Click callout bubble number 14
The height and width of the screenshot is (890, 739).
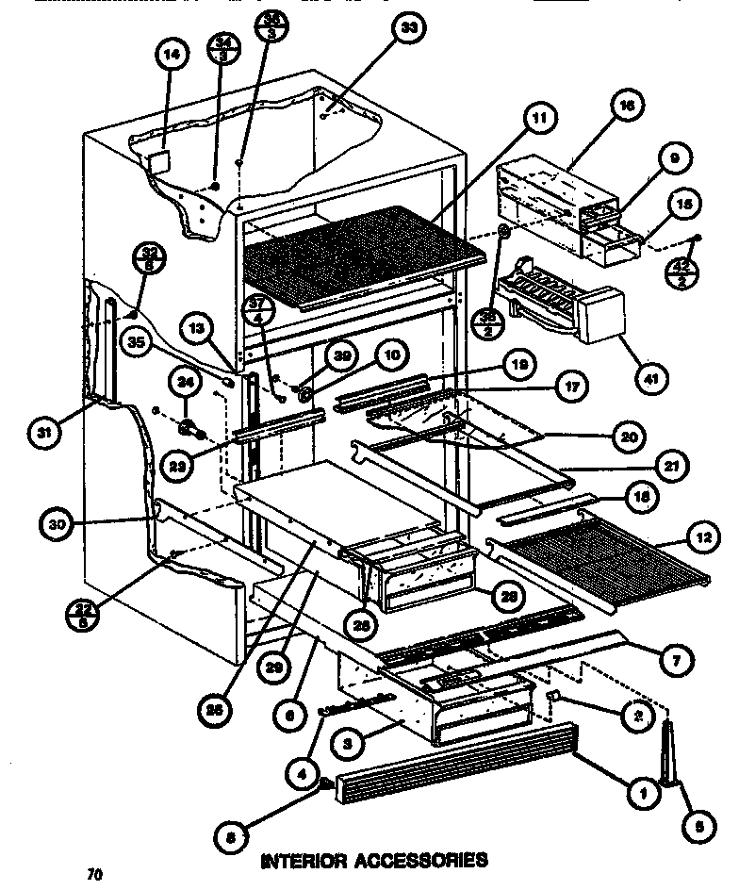coord(171,56)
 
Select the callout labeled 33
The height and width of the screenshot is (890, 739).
coord(408,29)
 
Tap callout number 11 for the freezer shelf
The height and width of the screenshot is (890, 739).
coord(538,118)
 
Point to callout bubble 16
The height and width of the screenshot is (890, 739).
coord(623,107)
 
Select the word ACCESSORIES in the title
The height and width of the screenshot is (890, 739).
coord(426,860)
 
